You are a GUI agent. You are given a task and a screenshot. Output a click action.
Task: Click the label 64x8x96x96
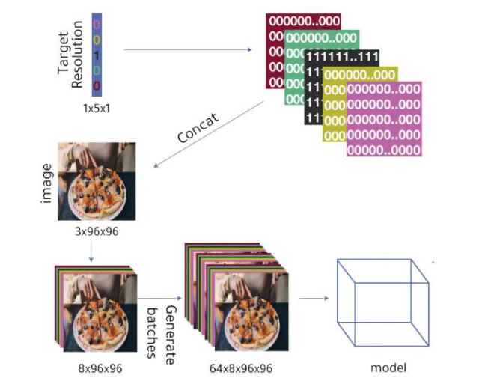click(x=239, y=368)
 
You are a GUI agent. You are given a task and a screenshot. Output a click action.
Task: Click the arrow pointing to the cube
click(x=314, y=299)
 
